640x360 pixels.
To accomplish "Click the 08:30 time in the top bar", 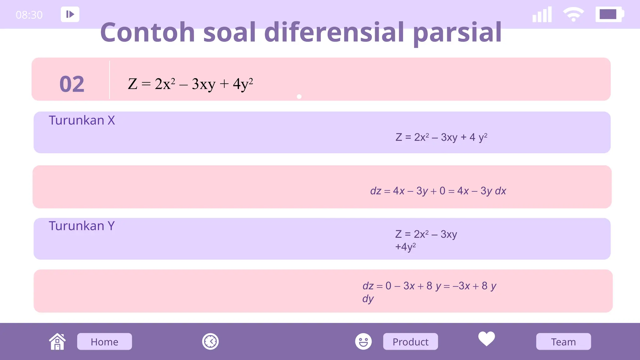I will [x=29, y=15].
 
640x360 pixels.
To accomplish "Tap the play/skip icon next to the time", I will [x=70, y=14].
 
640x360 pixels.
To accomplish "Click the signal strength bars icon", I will [x=542, y=15].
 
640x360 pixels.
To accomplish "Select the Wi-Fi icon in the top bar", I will [x=573, y=14].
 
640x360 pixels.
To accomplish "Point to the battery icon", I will [x=609, y=14].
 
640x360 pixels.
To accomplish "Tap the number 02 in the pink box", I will [x=72, y=84].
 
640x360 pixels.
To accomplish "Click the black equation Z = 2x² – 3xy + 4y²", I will [x=190, y=84].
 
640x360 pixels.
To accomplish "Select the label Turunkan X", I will [x=82, y=120].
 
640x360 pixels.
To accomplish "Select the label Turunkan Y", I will [x=82, y=226].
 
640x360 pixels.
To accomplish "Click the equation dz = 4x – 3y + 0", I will [x=438, y=191].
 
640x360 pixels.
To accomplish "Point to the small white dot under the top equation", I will [x=299, y=97].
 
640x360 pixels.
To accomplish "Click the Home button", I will [x=104, y=342].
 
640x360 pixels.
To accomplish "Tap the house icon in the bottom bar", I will [x=57, y=342].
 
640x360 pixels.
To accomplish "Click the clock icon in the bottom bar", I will [x=210, y=342].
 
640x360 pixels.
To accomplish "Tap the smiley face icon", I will [x=363, y=341].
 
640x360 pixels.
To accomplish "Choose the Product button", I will [x=410, y=342].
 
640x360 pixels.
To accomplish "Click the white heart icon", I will [x=487, y=339].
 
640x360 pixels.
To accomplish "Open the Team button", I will [x=563, y=342].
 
